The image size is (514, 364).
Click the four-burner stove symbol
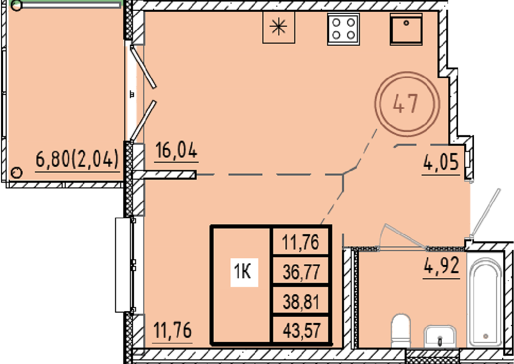pos(343,29)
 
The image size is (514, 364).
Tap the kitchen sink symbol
pos(406,29)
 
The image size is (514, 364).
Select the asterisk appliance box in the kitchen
pos(279,27)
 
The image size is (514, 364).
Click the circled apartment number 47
pos(407,104)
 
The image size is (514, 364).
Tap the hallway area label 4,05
pos(441,163)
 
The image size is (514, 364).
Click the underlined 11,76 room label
pos(173,331)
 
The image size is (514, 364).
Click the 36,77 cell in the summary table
pos(301,272)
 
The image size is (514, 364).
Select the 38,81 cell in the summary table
pos(301,302)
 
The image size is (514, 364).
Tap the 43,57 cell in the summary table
pos(301,330)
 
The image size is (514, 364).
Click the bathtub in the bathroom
pos(485,302)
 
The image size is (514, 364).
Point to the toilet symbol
pos(400,330)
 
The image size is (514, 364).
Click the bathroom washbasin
pos(440,336)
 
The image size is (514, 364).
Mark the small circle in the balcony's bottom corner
pos(16,172)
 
